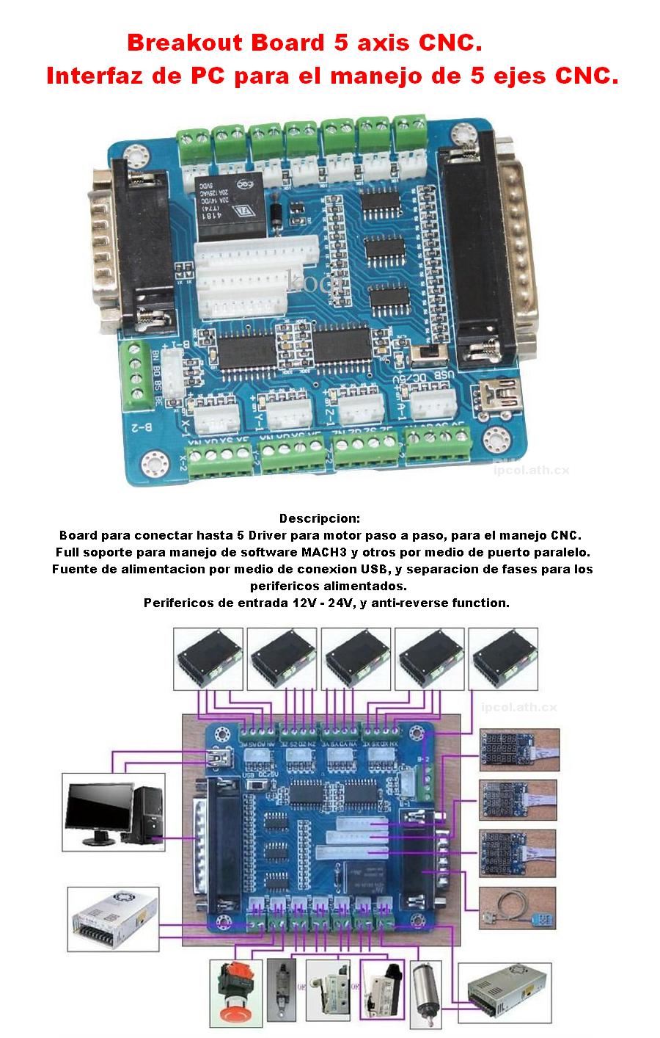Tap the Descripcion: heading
point(320,518)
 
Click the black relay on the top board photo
point(229,207)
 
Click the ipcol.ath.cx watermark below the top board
point(531,470)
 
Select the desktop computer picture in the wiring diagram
point(114,812)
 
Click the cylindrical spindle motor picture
point(425,995)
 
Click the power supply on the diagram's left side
point(113,918)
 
